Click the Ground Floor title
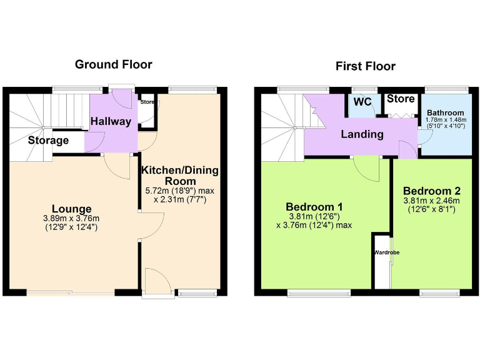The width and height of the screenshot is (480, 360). click(x=113, y=64)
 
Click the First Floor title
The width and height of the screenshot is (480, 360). click(x=365, y=66)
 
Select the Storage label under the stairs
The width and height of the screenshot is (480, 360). click(x=48, y=141)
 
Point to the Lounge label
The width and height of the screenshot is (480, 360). click(x=72, y=209)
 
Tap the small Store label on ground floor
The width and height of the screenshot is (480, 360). click(x=147, y=102)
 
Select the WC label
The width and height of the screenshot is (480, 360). click(x=362, y=102)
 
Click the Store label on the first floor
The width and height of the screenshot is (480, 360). click(x=400, y=99)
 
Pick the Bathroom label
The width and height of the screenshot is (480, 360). click(x=445, y=112)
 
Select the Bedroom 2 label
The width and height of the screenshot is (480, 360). click(x=431, y=191)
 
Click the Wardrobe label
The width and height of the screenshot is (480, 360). click(x=386, y=252)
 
